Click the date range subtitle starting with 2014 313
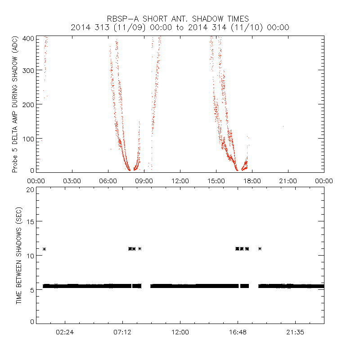pos(180,27)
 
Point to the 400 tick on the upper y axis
pos(28,38)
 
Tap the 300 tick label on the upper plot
pos(28,70)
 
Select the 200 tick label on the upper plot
pos(28,104)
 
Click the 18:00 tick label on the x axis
pos(252,180)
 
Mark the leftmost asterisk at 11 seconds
pos(44,249)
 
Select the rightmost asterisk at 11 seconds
pos(260,248)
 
